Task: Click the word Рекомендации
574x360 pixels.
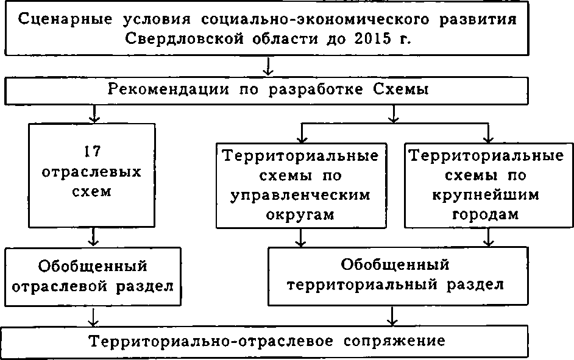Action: click(162, 90)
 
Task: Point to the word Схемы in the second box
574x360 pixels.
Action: click(405, 90)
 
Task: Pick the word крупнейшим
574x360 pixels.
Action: click(485, 196)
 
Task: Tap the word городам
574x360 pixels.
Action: click(485, 215)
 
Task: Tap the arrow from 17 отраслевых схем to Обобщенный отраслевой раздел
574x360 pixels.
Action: click(93, 237)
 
